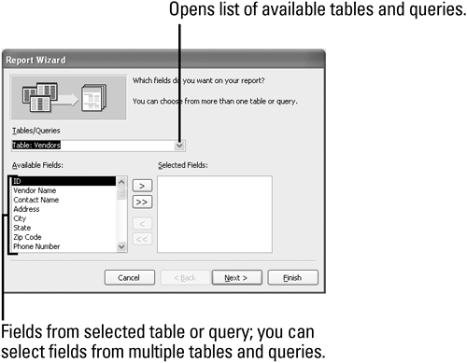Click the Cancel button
[x=130, y=277]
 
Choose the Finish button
[x=292, y=277]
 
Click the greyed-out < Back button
[x=185, y=277]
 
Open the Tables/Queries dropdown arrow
[x=179, y=146]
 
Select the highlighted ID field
[x=64, y=181]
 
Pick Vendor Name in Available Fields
[x=35, y=190]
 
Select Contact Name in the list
[x=35, y=200]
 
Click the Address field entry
[x=26, y=209]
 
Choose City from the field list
[x=20, y=218]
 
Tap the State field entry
[x=21, y=228]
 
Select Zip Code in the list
[x=27, y=237]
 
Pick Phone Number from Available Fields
[x=36, y=246]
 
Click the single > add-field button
[x=142, y=186]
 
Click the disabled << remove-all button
[x=142, y=239]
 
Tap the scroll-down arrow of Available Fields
[x=121, y=247]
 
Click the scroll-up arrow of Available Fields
[x=121, y=181]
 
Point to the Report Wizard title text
[x=35, y=60]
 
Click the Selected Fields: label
[x=183, y=165]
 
